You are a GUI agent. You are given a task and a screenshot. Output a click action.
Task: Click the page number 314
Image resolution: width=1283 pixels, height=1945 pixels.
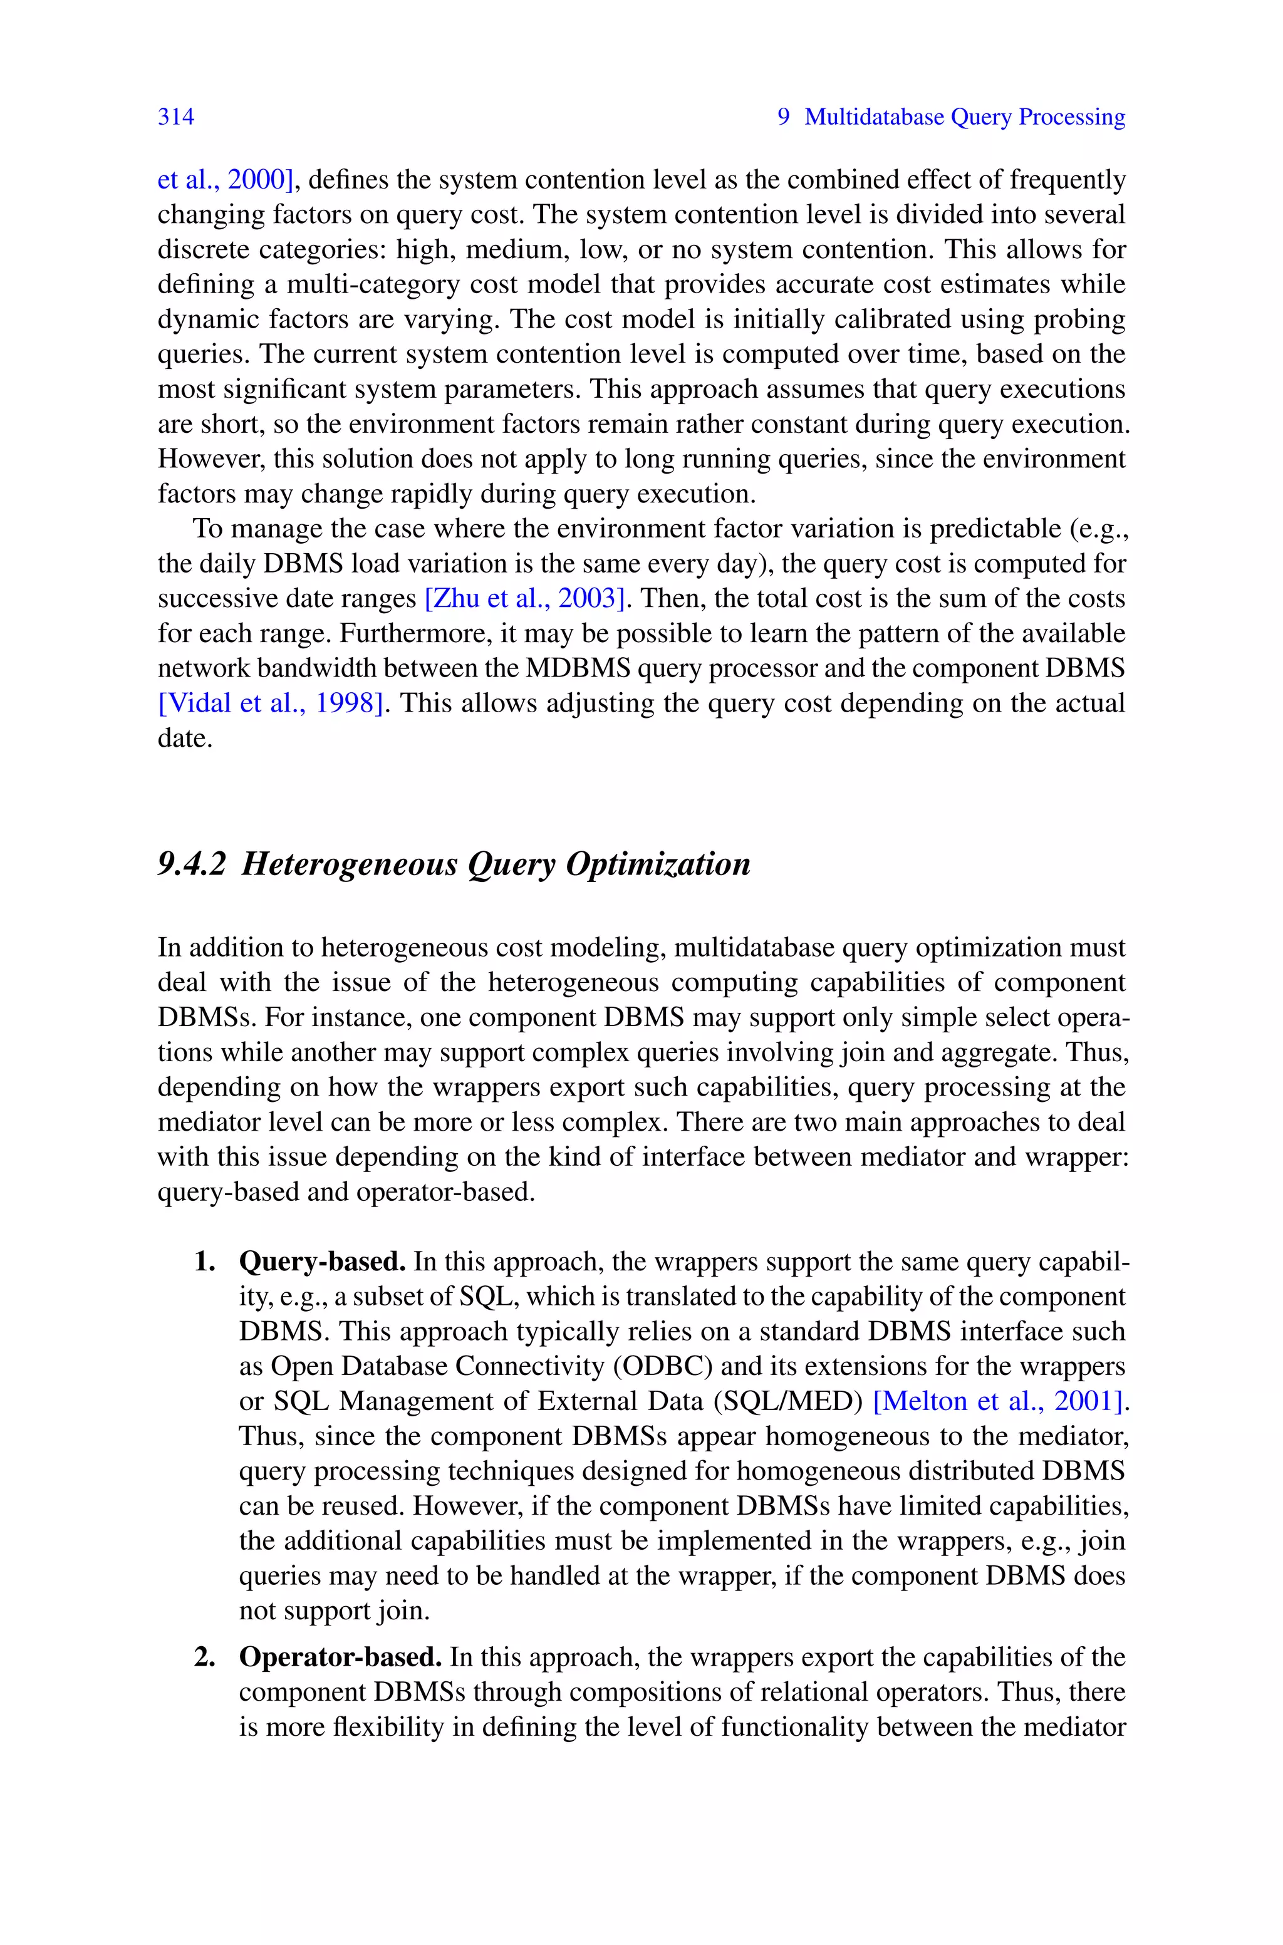point(176,117)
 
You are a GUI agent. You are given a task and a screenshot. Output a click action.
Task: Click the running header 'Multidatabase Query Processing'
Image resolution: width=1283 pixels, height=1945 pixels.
point(965,117)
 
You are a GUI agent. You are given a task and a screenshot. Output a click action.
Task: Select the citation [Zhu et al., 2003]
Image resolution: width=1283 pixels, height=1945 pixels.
point(526,599)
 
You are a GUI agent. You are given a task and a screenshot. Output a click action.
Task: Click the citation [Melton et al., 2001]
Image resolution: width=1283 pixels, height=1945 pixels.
point(999,1401)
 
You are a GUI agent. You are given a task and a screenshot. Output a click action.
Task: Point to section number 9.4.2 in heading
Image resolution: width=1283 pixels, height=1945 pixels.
point(190,864)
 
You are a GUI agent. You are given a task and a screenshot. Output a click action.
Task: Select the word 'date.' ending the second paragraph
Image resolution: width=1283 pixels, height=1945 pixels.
point(185,739)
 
